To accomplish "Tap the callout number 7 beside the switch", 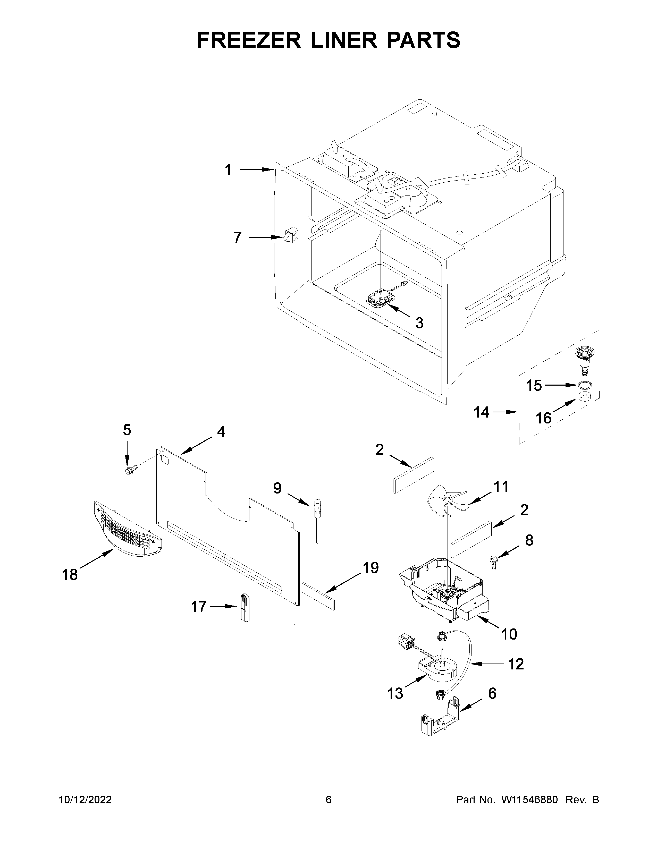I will (x=238, y=237).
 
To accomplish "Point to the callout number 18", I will (x=70, y=574).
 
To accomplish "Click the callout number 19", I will (x=370, y=568).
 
